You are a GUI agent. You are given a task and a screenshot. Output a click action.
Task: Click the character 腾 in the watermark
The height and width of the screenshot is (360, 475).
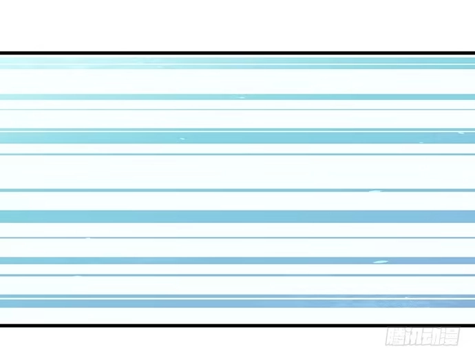[x=394, y=336]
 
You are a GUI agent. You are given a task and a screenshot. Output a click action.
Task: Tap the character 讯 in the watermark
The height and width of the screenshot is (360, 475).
[x=413, y=336]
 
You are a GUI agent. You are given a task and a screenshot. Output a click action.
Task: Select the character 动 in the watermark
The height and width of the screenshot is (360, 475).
[x=432, y=336]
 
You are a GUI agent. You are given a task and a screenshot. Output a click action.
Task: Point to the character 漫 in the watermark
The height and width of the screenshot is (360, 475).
[x=450, y=336]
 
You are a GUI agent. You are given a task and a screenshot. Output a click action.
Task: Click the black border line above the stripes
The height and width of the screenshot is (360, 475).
[x=237, y=53]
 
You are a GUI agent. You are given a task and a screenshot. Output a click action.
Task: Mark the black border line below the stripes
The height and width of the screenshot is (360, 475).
[x=237, y=326]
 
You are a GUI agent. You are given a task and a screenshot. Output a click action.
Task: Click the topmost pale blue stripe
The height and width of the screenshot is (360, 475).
[x=237, y=61]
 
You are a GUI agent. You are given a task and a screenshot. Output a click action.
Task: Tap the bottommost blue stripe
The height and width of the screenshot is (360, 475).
[x=237, y=304]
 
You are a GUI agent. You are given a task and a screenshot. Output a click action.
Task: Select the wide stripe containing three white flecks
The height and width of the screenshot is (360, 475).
[x=237, y=138]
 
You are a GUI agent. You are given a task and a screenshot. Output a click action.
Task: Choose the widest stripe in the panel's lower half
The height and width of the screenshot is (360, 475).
[x=237, y=216]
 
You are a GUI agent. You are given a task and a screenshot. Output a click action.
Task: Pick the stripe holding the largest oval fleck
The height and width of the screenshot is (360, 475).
[x=237, y=261]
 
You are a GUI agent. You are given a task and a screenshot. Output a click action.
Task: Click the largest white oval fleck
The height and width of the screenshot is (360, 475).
[x=381, y=262]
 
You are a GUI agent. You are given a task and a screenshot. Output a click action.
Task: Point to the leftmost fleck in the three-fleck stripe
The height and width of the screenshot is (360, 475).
[x=182, y=139]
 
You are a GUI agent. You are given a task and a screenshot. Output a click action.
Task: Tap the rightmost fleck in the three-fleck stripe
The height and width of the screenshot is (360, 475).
[x=461, y=133]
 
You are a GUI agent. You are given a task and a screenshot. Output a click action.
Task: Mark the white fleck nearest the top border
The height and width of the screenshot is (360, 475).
[x=242, y=98]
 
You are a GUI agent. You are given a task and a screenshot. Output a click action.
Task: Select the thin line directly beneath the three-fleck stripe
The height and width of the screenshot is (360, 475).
[x=237, y=154]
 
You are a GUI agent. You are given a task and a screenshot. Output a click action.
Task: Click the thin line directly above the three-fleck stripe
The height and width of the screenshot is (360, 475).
[x=237, y=129]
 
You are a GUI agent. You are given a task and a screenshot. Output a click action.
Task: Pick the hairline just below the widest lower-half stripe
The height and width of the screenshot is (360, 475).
[x=237, y=238]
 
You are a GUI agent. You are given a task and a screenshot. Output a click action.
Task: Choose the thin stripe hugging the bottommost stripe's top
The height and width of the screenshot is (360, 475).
[x=237, y=297]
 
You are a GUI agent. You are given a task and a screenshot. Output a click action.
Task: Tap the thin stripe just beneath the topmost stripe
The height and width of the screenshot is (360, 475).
[x=237, y=67]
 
